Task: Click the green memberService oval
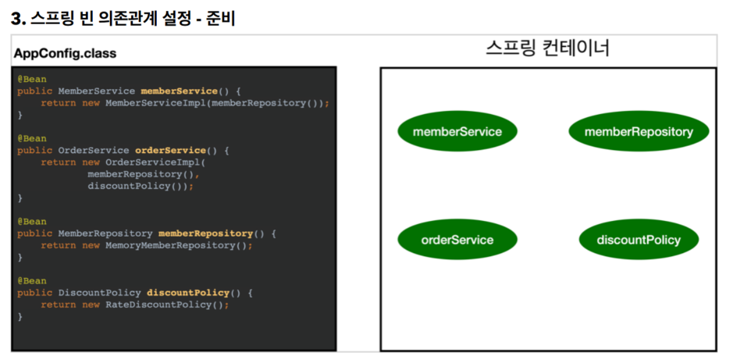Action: pos(457,131)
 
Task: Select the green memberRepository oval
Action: pos(639,131)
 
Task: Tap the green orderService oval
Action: pos(457,240)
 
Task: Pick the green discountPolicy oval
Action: pos(639,240)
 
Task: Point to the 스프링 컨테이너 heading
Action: pos(547,48)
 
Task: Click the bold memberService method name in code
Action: pos(179,91)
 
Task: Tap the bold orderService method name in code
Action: pos(170,150)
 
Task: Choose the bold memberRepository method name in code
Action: pos(205,233)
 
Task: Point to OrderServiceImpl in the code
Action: pos(152,162)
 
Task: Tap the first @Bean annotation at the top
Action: pos(32,79)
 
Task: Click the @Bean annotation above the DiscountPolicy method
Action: pos(32,280)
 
